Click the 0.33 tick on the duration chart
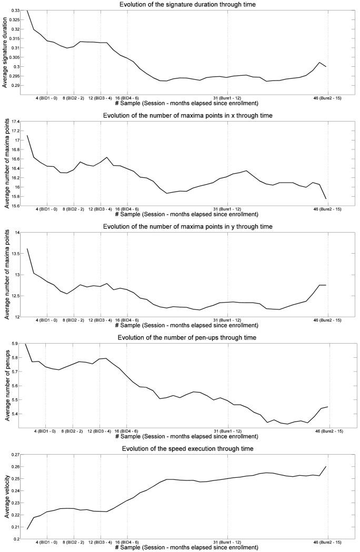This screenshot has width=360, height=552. coord(15,11)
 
